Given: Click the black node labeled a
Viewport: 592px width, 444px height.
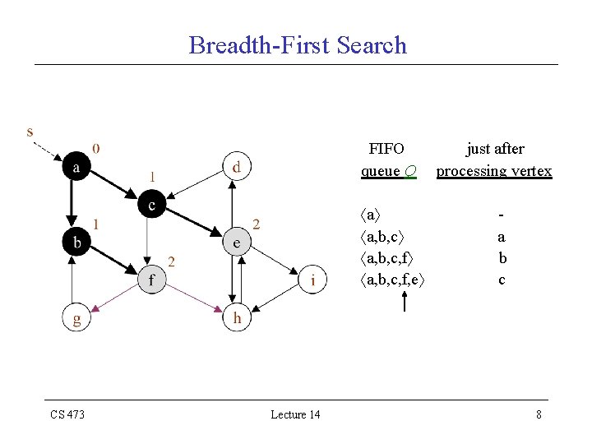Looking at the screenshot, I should [x=76, y=167].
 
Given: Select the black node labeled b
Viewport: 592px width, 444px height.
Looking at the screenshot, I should [x=76, y=242].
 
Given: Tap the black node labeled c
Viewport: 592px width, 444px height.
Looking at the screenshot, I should [x=150, y=204].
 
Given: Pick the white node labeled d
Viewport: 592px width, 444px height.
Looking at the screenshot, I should [x=236, y=166].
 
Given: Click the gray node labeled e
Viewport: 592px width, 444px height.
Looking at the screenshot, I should [x=236, y=243].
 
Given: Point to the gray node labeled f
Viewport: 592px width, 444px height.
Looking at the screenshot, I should [x=150, y=280].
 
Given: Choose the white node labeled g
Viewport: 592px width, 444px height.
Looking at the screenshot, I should [x=76, y=318].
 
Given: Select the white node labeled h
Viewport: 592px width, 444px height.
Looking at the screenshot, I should [x=236, y=318].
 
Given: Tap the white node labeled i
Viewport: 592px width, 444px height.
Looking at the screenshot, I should [x=312, y=280].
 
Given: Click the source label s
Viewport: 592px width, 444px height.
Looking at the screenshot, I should [x=30, y=131].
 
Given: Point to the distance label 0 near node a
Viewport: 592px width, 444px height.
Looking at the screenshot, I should [x=97, y=149].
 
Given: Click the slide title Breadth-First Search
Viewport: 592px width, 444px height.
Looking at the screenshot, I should [x=298, y=44].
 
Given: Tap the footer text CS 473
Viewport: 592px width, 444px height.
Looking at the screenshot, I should [x=67, y=414].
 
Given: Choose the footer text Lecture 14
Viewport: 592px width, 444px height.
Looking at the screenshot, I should [x=295, y=414].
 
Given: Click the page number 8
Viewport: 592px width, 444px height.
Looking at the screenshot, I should [x=539, y=414].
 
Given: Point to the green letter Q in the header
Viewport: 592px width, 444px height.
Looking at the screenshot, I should [x=409, y=171].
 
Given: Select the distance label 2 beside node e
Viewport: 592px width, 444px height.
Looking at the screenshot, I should [x=257, y=224].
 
